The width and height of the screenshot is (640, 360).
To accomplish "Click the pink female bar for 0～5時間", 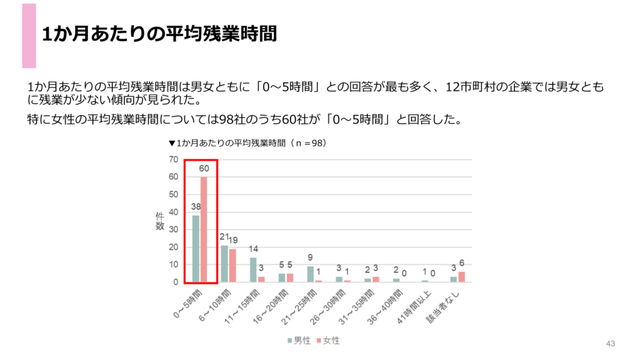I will [204, 229].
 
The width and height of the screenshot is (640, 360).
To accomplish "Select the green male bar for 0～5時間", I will [196, 249].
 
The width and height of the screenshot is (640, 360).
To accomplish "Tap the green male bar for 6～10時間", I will [224, 264].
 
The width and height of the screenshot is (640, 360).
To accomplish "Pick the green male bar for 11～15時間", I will [253, 270].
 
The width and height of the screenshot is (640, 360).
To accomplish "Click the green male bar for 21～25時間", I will [311, 274].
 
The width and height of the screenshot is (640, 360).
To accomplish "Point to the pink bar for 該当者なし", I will [461, 277].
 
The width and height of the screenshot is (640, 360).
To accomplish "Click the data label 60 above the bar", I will [204, 169].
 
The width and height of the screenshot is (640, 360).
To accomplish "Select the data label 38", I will [195, 207].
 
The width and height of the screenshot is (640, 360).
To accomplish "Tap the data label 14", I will [253, 249].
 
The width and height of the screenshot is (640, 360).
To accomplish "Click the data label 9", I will [311, 258].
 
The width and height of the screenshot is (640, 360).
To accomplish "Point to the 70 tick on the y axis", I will [173, 159].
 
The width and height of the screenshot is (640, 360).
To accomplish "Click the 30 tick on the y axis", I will [173, 229].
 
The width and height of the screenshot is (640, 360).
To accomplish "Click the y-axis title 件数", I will [159, 221].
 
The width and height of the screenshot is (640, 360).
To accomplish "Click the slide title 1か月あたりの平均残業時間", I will [159, 34].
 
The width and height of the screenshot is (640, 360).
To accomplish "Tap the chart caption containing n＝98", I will [247, 143].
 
